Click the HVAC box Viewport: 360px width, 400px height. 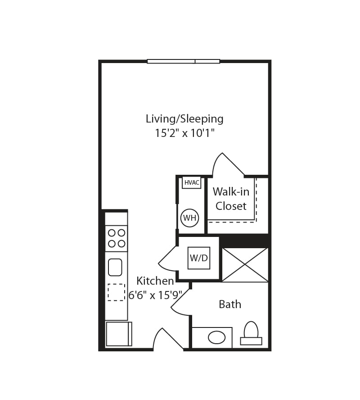[x=192, y=182]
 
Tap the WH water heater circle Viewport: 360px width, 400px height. [x=189, y=218]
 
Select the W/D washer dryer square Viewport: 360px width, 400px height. [x=199, y=258]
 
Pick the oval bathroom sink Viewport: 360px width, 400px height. [x=217, y=337]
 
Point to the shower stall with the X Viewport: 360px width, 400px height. [x=245, y=265]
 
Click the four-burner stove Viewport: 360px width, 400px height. [x=116, y=238]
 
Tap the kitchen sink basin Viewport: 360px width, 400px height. [x=115, y=267]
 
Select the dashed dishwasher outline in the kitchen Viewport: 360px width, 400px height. [x=116, y=292]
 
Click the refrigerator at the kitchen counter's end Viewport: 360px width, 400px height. [x=118, y=334]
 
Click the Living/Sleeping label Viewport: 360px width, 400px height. [x=184, y=119]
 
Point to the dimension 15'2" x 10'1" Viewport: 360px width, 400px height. [x=184, y=133]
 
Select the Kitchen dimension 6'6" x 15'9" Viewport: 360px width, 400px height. [x=155, y=295]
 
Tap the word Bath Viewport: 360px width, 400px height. [x=230, y=305]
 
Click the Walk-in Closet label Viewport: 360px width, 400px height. [x=231, y=199]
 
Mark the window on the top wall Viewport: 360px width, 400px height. [x=183, y=61]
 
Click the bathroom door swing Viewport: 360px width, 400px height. [x=181, y=303]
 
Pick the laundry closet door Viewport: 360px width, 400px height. [x=168, y=259]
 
